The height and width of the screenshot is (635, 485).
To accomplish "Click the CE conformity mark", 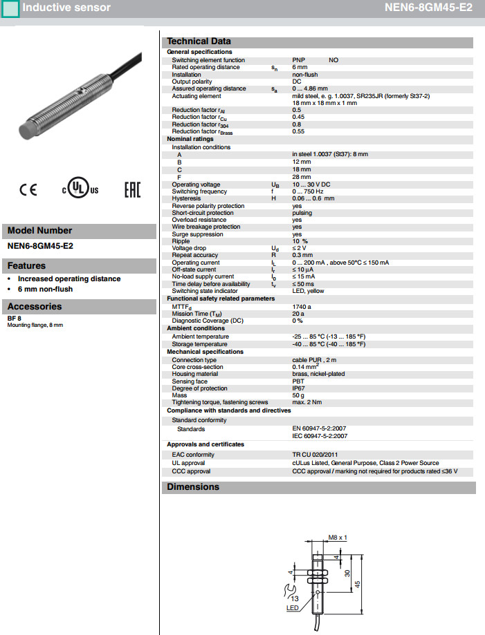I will [x=28, y=190].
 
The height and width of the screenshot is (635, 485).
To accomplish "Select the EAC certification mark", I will [x=131, y=190].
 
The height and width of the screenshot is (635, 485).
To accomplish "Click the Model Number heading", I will [x=39, y=231].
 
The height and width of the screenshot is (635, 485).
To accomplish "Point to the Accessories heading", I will [x=35, y=307].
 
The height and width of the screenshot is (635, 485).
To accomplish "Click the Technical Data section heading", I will [x=199, y=41].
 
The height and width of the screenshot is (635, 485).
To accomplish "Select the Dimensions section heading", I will [x=193, y=487].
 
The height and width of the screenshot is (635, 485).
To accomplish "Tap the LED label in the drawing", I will [x=293, y=608].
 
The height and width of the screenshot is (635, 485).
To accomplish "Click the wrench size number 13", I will [x=294, y=598].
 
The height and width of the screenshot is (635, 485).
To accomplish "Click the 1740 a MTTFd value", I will [x=302, y=307].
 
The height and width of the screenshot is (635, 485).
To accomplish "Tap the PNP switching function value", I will [x=299, y=60].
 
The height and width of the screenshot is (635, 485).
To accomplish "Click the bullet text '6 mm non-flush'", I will [x=45, y=289].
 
